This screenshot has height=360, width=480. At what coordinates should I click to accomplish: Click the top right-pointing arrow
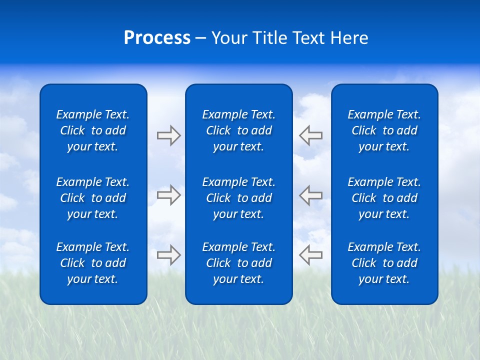tap(168, 135)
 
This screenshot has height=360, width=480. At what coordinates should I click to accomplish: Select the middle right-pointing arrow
tap(168, 195)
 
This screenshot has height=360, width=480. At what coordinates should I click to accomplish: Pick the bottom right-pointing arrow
tap(168, 254)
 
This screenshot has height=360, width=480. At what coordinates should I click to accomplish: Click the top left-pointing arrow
tap(311, 135)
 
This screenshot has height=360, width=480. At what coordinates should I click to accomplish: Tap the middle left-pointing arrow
tap(311, 195)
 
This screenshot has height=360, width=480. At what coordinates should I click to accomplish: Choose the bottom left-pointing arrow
tap(311, 254)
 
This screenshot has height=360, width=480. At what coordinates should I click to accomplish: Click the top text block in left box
tap(93, 130)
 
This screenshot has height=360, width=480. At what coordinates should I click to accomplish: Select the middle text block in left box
tap(93, 198)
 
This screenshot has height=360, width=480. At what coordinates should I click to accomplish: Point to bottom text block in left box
tap(93, 263)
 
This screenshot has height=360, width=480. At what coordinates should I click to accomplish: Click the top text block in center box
tap(238, 130)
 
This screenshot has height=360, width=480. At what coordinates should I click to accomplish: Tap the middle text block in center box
tap(238, 198)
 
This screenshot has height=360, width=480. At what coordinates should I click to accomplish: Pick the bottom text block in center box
tap(238, 263)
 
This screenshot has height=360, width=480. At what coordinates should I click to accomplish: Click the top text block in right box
tap(384, 130)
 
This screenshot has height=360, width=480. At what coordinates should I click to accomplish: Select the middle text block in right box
tap(384, 198)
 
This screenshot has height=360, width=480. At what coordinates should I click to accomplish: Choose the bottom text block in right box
tap(384, 263)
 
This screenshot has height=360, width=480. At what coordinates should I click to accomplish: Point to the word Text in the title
tap(308, 38)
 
